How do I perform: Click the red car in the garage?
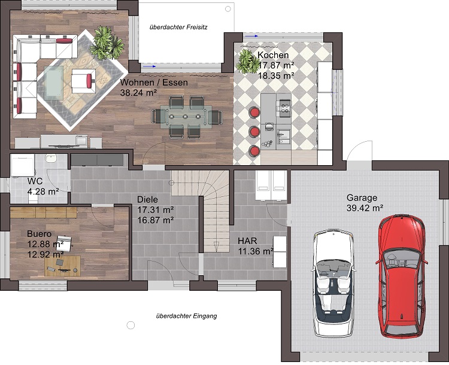(x=402, y=276)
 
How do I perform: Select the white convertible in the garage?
(x=333, y=283)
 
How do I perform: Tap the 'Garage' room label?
(x=362, y=197)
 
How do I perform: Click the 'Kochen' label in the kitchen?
(x=273, y=54)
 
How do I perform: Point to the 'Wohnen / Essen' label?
(x=154, y=83)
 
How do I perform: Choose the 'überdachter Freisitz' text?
(x=178, y=27)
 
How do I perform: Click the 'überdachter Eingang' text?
(x=186, y=316)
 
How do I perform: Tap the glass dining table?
(x=186, y=117)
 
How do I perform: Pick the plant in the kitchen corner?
(x=247, y=61)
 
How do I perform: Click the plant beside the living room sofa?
(x=107, y=44)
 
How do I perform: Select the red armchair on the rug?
(x=83, y=81)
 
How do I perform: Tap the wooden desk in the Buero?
(x=63, y=266)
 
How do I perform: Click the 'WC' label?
(x=35, y=181)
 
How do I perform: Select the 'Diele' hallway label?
(x=147, y=199)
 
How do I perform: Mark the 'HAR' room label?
(x=247, y=241)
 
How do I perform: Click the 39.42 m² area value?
(x=365, y=208)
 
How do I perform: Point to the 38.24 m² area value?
(x=139, y=93)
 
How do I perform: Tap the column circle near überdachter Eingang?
(x=131, y=325)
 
